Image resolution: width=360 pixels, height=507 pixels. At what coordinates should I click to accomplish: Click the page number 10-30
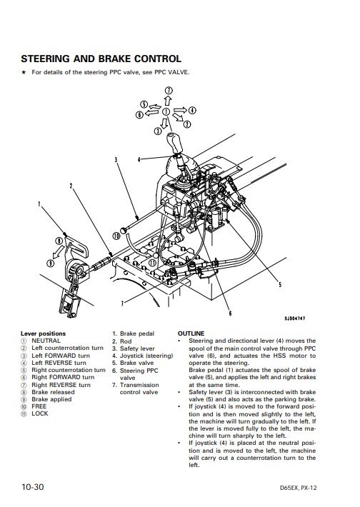[32, 486]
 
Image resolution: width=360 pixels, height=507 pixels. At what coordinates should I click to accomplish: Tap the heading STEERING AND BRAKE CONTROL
[101, 59]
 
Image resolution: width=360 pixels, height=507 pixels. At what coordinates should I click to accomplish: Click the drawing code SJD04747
[295, 318]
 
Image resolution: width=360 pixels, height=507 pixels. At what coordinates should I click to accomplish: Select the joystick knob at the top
[174, 143]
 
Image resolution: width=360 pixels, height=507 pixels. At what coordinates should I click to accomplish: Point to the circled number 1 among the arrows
[166, 112]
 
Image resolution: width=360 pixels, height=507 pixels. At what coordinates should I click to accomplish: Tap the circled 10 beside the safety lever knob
[116, 236]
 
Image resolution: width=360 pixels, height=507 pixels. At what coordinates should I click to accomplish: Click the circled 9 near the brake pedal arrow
[51, 263]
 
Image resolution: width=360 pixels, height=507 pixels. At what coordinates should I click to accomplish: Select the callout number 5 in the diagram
[280, 284]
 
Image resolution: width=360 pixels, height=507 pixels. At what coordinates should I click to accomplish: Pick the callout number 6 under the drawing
[230, 313]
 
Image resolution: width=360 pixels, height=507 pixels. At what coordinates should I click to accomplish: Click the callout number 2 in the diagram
[71, 186]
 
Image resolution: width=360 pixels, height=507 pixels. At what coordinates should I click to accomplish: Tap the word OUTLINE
[191, 333]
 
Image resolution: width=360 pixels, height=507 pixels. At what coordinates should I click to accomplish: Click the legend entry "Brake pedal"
[137, 333]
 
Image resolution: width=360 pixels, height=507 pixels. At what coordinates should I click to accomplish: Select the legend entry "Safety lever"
[137, 348]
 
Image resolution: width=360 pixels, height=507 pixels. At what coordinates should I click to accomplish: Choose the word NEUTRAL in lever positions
[46, 341]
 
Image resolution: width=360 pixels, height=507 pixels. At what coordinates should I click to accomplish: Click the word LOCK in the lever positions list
[40, 413]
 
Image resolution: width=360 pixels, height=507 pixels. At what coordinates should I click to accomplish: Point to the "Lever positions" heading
[43, 333]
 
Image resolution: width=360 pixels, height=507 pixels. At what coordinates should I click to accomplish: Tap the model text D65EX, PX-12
[299, 488]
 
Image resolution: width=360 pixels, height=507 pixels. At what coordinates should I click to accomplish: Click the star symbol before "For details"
[24, 72]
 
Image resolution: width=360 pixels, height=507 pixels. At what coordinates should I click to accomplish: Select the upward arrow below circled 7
[168, 101]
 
